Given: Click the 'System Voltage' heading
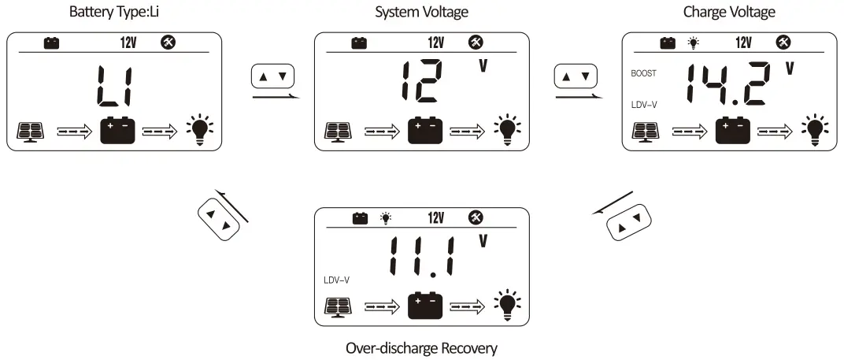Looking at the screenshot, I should [422, 12].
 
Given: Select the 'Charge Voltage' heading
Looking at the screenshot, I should [730, 12].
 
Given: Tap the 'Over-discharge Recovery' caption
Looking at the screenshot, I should [422, 347].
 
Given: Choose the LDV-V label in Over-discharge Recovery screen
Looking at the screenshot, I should [336, 280].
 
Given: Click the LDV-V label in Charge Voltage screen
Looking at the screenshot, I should [644, 104].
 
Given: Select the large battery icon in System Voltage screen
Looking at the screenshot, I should [425, 131].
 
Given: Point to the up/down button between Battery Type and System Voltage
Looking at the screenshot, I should [273, 77].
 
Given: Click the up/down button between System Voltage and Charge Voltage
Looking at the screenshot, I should [576, 77].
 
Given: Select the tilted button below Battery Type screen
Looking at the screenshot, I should [217, 221].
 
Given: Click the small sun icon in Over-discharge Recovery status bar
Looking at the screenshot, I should [385, 218].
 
